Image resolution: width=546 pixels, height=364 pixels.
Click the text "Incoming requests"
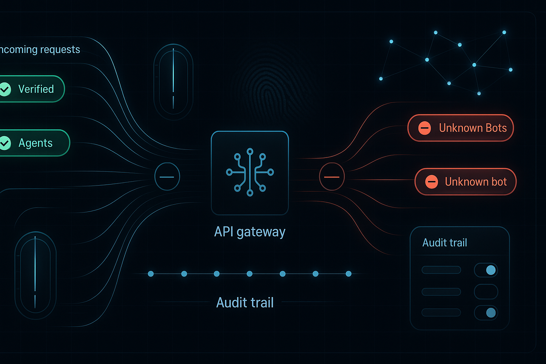[40, 49]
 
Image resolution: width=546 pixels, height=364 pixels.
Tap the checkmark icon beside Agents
[5, 143]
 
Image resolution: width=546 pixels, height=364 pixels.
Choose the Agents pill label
[36, 143]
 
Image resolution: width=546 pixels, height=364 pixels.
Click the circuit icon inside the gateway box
[250, 172]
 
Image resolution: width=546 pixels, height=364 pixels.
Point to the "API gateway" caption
[250, 232]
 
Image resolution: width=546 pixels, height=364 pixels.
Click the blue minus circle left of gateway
[167, 177]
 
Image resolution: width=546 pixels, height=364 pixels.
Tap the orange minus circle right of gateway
[332, 177]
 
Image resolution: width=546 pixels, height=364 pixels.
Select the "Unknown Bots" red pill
[461, 128]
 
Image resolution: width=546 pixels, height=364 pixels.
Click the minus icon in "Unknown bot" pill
[432, 182]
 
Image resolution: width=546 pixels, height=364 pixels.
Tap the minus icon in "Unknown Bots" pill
[424, 128]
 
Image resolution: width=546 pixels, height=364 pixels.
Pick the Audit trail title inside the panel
[444, 243]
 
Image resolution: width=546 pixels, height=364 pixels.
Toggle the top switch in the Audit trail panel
[486, 270]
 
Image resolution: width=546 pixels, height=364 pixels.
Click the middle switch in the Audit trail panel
[486, 291]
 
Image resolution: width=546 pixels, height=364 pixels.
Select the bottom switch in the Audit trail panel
[486, 313]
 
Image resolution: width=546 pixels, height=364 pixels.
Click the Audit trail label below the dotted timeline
[245, 303]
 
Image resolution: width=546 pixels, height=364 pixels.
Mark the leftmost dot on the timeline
[151, 274]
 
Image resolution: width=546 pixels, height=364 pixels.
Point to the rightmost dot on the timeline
[349, 274]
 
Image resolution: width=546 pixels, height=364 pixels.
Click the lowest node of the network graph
[479, 93]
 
